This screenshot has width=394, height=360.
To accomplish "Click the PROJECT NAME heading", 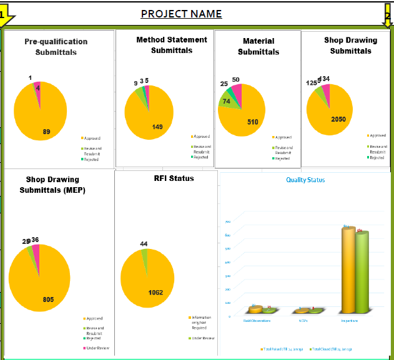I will point(181,14).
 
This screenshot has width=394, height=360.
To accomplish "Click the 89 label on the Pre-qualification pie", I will point(46,132).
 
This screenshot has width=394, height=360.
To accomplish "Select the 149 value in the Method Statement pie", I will point(157,127).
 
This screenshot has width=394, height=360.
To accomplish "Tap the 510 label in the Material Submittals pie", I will point(252,122).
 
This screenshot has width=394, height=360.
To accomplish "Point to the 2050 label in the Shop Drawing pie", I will point(338,119).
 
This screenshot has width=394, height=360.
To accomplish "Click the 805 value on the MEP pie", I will point(48,299).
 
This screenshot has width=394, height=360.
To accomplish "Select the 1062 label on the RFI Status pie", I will point(155,293).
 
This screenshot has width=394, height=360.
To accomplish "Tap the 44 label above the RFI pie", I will point(144,244).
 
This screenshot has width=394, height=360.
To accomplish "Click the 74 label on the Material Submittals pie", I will point(226,101).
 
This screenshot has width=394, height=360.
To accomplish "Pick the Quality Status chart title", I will point(305,180).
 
